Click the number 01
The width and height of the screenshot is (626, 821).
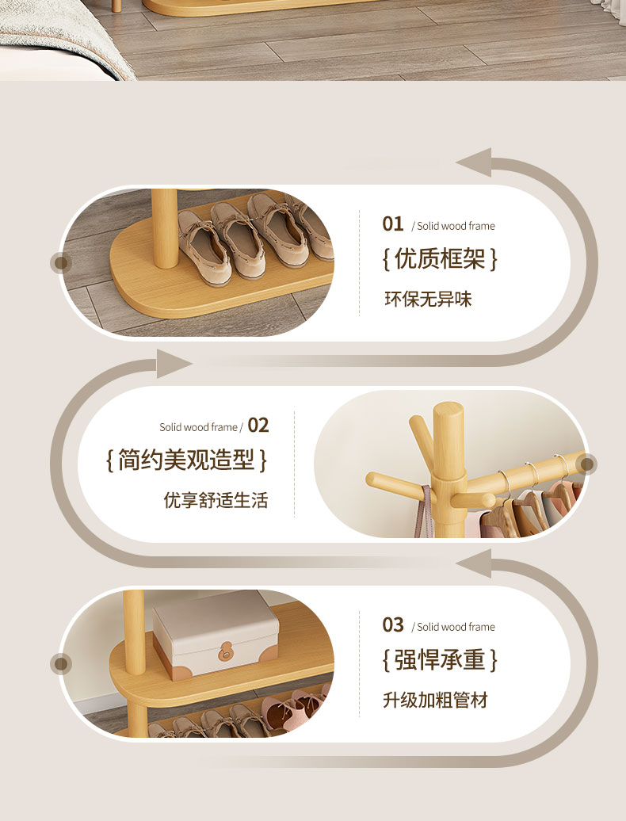click(x=392, y=224)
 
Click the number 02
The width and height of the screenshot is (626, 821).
click(x=258, y=425)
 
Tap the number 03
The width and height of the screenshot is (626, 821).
click(x=392, y=624)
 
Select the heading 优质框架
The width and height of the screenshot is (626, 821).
click(x=440, y=258)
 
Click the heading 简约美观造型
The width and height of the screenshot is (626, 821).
click(x=186, y=460)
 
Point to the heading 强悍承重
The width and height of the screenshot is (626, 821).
click(x=440, y=659)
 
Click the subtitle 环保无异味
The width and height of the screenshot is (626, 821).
click(x=428, y=299)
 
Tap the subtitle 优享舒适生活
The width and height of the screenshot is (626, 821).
click(x=216, y=500)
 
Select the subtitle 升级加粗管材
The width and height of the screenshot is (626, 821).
click(x=436, y=700)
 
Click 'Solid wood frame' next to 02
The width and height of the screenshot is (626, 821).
click(x=198, y=427)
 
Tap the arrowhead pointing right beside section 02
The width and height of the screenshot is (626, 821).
click(x=174, y=364)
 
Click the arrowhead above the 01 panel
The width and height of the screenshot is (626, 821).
click(x=474, y=162)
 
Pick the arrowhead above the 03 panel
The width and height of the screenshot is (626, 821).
click(x=474, y=563)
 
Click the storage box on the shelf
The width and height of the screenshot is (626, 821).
click(x=216, y=635)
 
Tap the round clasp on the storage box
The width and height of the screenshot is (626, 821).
click(x=225, y=651)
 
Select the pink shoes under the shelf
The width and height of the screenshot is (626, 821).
click(x=294, y=709)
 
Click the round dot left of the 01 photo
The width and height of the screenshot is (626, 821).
click(x=61, y=262)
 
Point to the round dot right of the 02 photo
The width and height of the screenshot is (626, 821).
click(x=586, y=464)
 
